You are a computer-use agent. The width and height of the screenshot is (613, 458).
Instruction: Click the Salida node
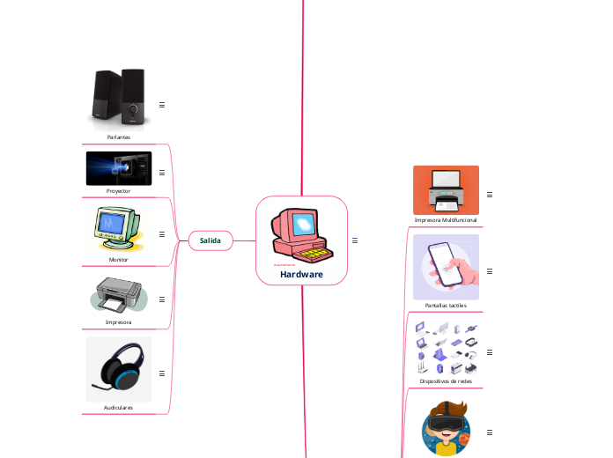[210, 240]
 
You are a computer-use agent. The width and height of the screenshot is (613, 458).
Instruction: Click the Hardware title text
[301, 275]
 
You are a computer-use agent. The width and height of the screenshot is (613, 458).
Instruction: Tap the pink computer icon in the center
[302, 235]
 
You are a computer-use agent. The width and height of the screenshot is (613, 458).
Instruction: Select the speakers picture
[119, 99]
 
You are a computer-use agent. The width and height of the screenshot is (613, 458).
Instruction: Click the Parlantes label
[119, 137]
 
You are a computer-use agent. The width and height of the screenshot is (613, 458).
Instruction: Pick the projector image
[119, 168]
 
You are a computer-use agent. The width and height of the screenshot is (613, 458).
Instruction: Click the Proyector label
[119, 190]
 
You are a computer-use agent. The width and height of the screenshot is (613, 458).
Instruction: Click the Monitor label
[119, 260]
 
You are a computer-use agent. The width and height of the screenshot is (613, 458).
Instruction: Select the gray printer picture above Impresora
[119, 295]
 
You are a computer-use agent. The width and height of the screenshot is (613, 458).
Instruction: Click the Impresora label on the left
[119, 322]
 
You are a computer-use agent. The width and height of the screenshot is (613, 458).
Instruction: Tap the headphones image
[119, 368]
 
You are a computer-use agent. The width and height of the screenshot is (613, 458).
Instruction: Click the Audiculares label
[119, 408]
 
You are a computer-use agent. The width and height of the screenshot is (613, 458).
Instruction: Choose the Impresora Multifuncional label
[446, 219]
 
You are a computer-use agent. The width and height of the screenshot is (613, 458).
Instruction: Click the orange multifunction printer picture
[446, 189]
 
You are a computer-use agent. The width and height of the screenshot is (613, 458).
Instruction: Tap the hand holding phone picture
[446, 267]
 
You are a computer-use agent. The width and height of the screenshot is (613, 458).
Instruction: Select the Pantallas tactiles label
[446, 306]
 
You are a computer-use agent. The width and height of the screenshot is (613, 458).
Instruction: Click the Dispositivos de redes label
[446, 381]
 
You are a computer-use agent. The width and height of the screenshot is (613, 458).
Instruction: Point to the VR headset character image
[446, 431]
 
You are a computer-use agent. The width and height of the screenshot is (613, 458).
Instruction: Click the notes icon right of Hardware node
[354, 240]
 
